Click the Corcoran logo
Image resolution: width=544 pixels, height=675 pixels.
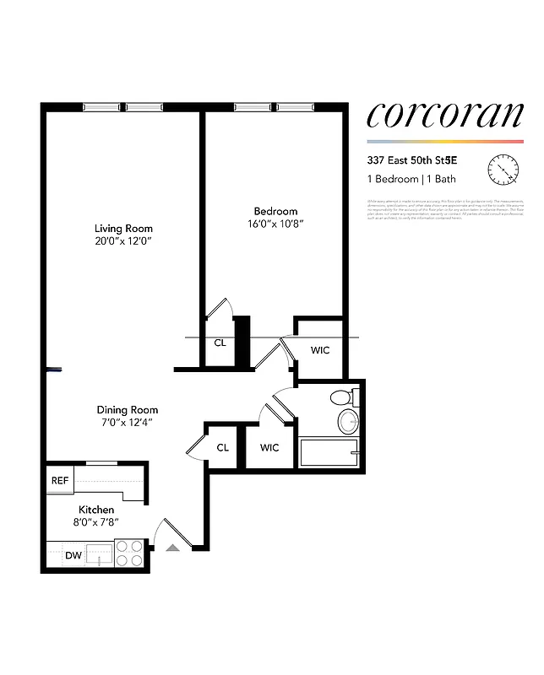444,115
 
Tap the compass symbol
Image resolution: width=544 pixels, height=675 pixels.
503,170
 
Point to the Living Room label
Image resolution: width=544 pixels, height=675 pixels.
123,229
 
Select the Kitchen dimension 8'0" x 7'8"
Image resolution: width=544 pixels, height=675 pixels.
96,523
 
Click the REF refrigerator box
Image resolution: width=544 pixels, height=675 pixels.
60,480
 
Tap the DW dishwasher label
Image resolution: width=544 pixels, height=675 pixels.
73,556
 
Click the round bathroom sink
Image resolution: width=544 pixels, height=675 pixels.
347,421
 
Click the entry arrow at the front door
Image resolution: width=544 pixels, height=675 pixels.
173,548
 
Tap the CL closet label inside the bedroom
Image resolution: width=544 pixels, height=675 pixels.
220,343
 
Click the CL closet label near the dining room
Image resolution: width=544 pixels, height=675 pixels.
222,448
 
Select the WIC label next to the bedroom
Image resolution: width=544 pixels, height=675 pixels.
320,348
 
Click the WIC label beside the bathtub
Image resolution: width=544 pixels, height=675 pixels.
269,448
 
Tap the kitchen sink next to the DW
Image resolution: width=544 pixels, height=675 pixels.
100,554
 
